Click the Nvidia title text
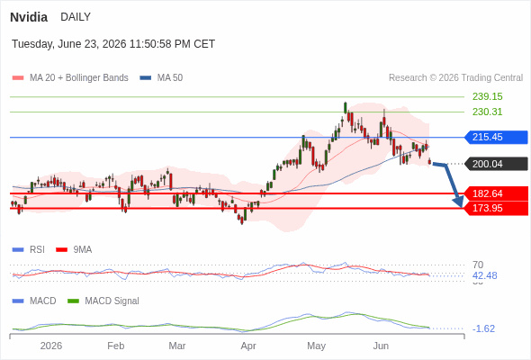click(29, 17)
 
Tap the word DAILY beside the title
click(76, 17)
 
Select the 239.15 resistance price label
click(487, 96)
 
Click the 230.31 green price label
click(487, 112)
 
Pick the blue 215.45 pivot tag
click(496, 137)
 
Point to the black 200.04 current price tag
click(496, 164)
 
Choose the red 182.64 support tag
click(496, 193)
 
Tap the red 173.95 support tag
click(496, 208)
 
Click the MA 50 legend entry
click(161, 78)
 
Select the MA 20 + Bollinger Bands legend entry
click(70, 78)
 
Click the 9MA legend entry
click(74, 249)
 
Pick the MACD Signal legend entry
click(103, 301)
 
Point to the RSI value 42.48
click(484, 275)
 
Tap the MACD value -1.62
click(483, 328)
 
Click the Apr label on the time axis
click(248, 346)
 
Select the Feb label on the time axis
click(116, 346)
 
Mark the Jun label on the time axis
click(381, 346)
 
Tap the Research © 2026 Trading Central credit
click(455, 78)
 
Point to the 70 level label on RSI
click(478, 265)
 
